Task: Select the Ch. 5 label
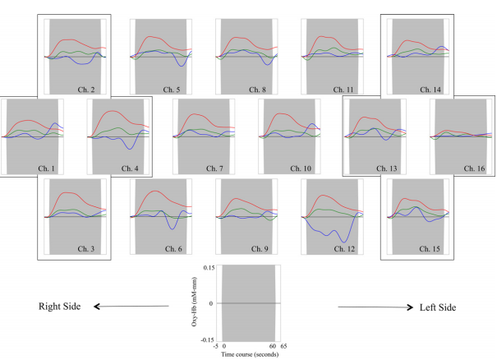(x=172, y=88)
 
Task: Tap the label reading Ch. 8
(x=258, y=88)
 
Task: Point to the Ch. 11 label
(x=344, y=88)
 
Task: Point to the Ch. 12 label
(x=344, y=248)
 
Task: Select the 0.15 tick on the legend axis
(x=210, y=268)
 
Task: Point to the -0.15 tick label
(x=209, y=339)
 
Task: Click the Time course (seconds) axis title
(x=249, y=353)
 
